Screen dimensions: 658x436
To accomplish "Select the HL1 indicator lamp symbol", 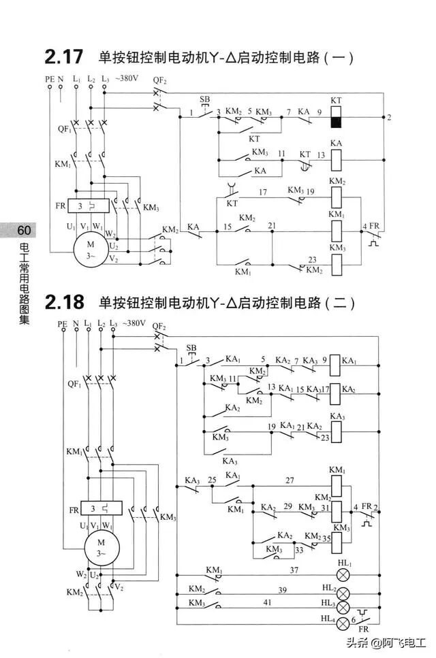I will [x=344, y=575].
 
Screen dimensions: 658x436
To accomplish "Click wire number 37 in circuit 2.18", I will [x=294, y=570].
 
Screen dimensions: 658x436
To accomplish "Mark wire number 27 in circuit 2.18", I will [x=290, y=480].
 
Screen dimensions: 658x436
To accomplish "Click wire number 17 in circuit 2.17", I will [x=262, y=193].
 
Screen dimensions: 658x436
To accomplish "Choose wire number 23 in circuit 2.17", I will [x=312, y=259].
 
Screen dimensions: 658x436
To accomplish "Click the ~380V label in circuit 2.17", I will [x=127, y=79].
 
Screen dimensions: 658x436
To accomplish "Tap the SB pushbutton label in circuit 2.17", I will [x=205, y=100].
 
